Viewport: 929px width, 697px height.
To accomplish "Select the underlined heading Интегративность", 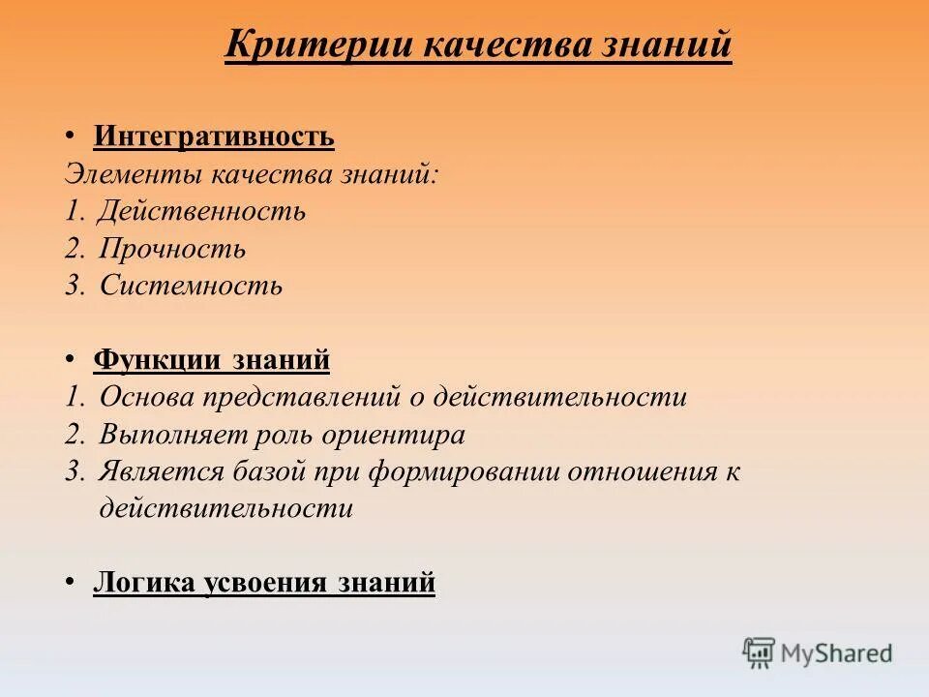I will [x=214, y=136].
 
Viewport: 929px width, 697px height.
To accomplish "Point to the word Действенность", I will [x=202, y=211].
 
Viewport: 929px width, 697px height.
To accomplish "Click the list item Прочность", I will [x=172, y=249].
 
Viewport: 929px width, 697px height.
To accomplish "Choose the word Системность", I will [x=191, y=286].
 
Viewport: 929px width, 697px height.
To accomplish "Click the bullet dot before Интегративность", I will [x=71, y=136].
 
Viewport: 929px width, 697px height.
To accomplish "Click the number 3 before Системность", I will [x=73, y=286].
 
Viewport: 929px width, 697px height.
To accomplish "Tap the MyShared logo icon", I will [x=760, y=652].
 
